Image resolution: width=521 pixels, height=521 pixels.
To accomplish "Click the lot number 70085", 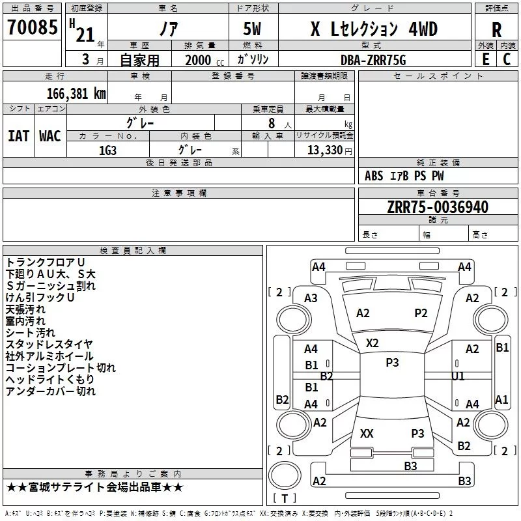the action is [x=32, y=28].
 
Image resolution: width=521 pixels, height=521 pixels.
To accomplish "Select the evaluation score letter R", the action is [x=496, y=30].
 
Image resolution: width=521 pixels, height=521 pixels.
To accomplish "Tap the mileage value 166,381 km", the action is [x=76, y=93].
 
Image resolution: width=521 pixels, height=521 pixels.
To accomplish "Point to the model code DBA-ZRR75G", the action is [x=373, y=60].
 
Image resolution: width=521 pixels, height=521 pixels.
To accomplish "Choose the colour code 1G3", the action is [x=107, y=150].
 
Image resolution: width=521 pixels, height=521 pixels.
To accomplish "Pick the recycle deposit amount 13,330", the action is [x=324, y=150].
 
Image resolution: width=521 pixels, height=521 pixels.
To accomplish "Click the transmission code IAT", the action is [x=18, y=135].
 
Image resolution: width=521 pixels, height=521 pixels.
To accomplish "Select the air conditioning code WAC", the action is [x=49, y=135].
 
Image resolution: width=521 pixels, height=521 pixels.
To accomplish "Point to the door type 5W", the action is [x=253, y=29].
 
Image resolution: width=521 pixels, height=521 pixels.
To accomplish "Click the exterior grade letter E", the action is [x=485, y=59].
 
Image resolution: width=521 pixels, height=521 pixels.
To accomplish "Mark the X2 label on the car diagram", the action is [x=373, y=343].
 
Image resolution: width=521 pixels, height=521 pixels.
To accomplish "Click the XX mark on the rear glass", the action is [x=367, y=433].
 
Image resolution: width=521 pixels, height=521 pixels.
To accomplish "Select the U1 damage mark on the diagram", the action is [x=458, y=376].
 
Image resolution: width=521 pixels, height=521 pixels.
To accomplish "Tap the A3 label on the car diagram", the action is [x=311, y=298].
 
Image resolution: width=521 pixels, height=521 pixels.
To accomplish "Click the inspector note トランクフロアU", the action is [x=45, y=262].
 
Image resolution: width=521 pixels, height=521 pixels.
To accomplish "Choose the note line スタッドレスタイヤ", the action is [x=49, y=345].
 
